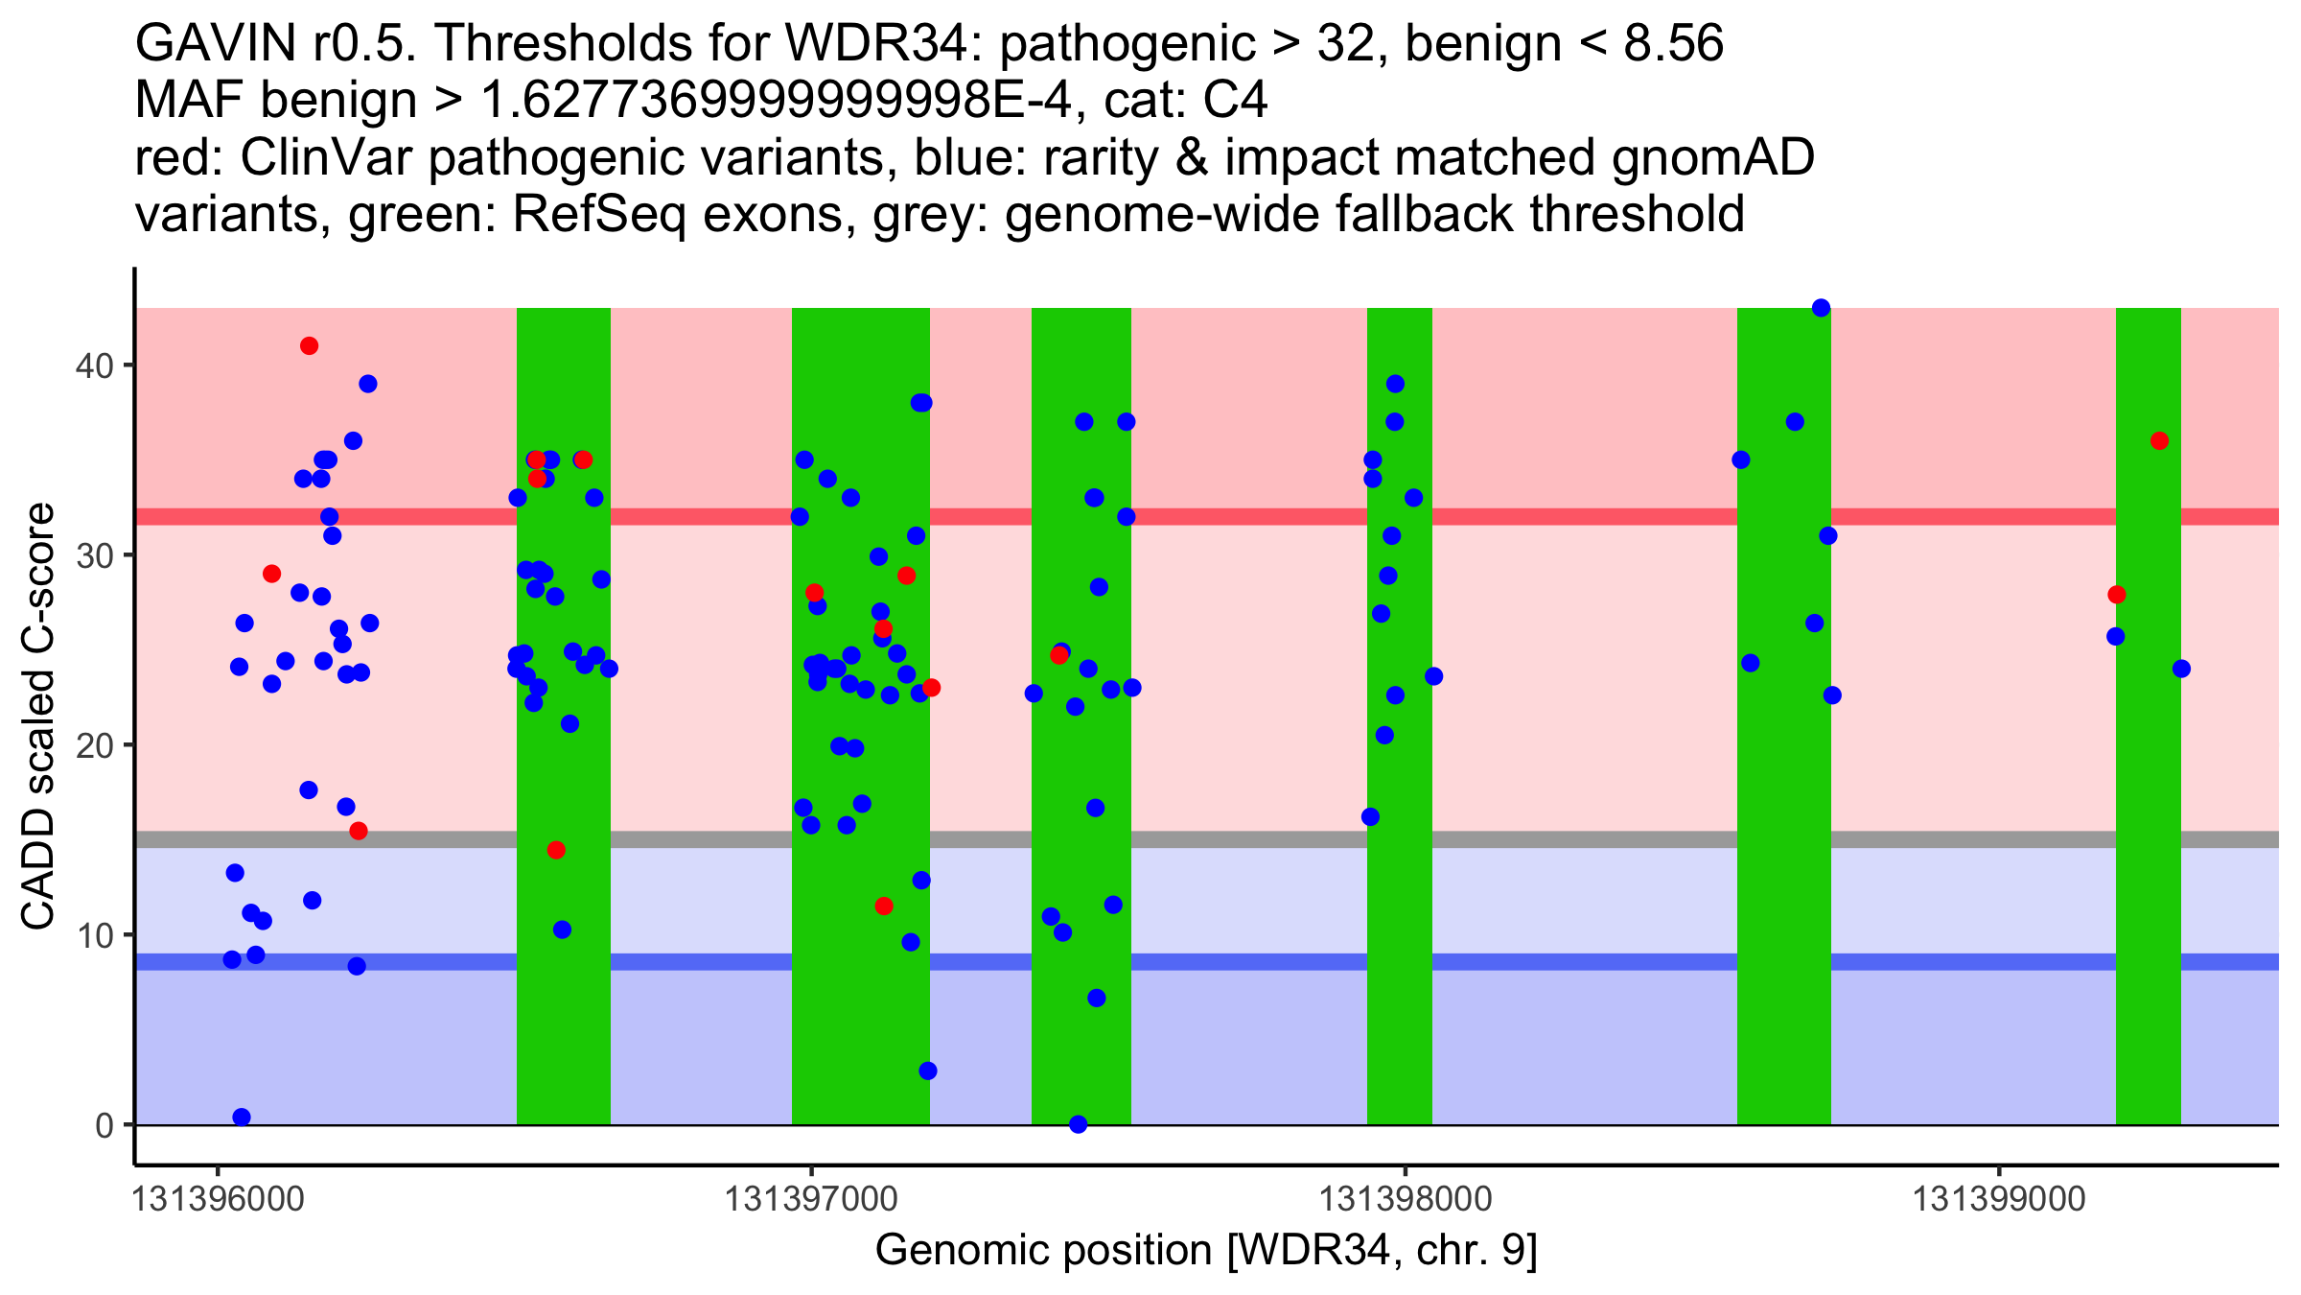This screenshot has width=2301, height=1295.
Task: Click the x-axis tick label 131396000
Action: tap(218, 1199)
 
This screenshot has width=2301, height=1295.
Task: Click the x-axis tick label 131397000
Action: tap(811, 1199)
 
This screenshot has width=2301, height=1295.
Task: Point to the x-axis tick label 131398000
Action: tap(1406, 1199)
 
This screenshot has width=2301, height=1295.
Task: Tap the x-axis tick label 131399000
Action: tap(1999, 1199)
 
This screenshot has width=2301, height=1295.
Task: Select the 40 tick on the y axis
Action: tap(94, 365)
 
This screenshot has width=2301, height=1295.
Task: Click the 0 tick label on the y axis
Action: tap(105, 1125)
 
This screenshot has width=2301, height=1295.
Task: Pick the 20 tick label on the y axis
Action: tap(94, 745)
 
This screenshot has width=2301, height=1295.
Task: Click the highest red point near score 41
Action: tap(309, 346)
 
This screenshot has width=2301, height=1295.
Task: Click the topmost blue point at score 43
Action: tap(1821, 308)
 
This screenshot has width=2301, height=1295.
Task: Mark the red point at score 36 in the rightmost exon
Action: tap(2159, 441)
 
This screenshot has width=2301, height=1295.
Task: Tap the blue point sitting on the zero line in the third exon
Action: tap(1078, 1124)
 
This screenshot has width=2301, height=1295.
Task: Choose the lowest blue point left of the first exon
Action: tap(242, 1117)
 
